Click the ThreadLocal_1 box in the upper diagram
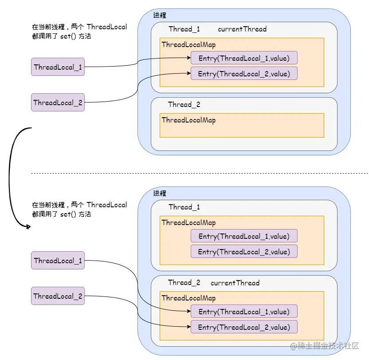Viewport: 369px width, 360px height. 58,67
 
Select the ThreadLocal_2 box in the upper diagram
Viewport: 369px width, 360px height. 58,103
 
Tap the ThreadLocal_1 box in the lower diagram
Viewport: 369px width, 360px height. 58,261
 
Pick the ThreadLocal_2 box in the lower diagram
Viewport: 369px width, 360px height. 58,296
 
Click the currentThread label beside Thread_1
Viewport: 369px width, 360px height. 242,29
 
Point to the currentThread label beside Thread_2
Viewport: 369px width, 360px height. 235,283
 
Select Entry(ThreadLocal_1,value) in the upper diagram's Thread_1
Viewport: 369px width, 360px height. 243,58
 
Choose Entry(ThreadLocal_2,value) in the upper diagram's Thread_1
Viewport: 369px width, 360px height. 243,74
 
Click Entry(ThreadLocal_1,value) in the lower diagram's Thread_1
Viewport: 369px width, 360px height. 243,236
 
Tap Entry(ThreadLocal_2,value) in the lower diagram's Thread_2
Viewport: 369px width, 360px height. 243,327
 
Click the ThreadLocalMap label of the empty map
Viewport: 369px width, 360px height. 188,120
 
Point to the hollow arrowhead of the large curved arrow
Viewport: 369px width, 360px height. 28,227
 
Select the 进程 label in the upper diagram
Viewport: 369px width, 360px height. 160,16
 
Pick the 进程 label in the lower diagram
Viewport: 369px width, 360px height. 160,194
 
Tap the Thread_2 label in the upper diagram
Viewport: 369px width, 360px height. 184,105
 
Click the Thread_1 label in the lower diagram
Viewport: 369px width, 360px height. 184,207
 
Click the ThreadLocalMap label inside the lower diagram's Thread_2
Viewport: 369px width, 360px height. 188,298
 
